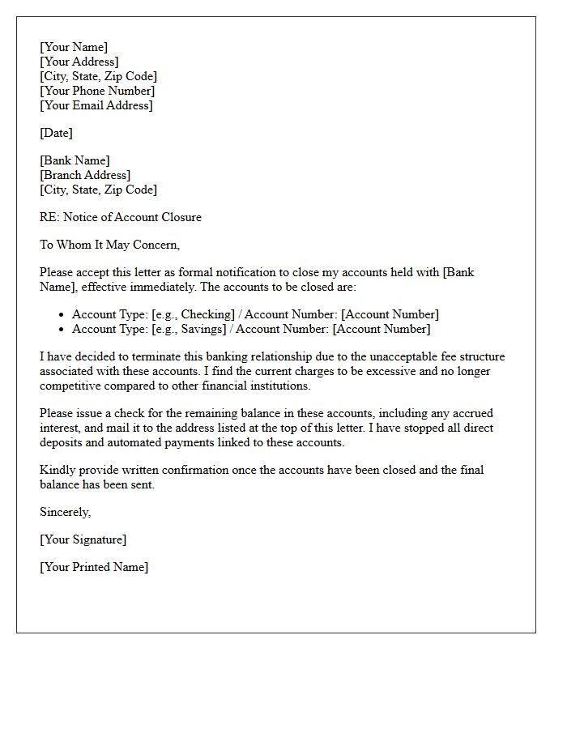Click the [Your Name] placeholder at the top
[74, 47]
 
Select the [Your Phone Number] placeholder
[97, 91]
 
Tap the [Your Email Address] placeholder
[96, 105]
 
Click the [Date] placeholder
[56, 133]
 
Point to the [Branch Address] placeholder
[85, 175]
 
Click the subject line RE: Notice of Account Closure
[121, 217]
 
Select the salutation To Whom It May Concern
[109, 245]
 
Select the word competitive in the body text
[70, 386]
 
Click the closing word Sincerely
[65, 512]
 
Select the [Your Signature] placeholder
[83, 539]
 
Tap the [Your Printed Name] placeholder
[94, 567]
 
